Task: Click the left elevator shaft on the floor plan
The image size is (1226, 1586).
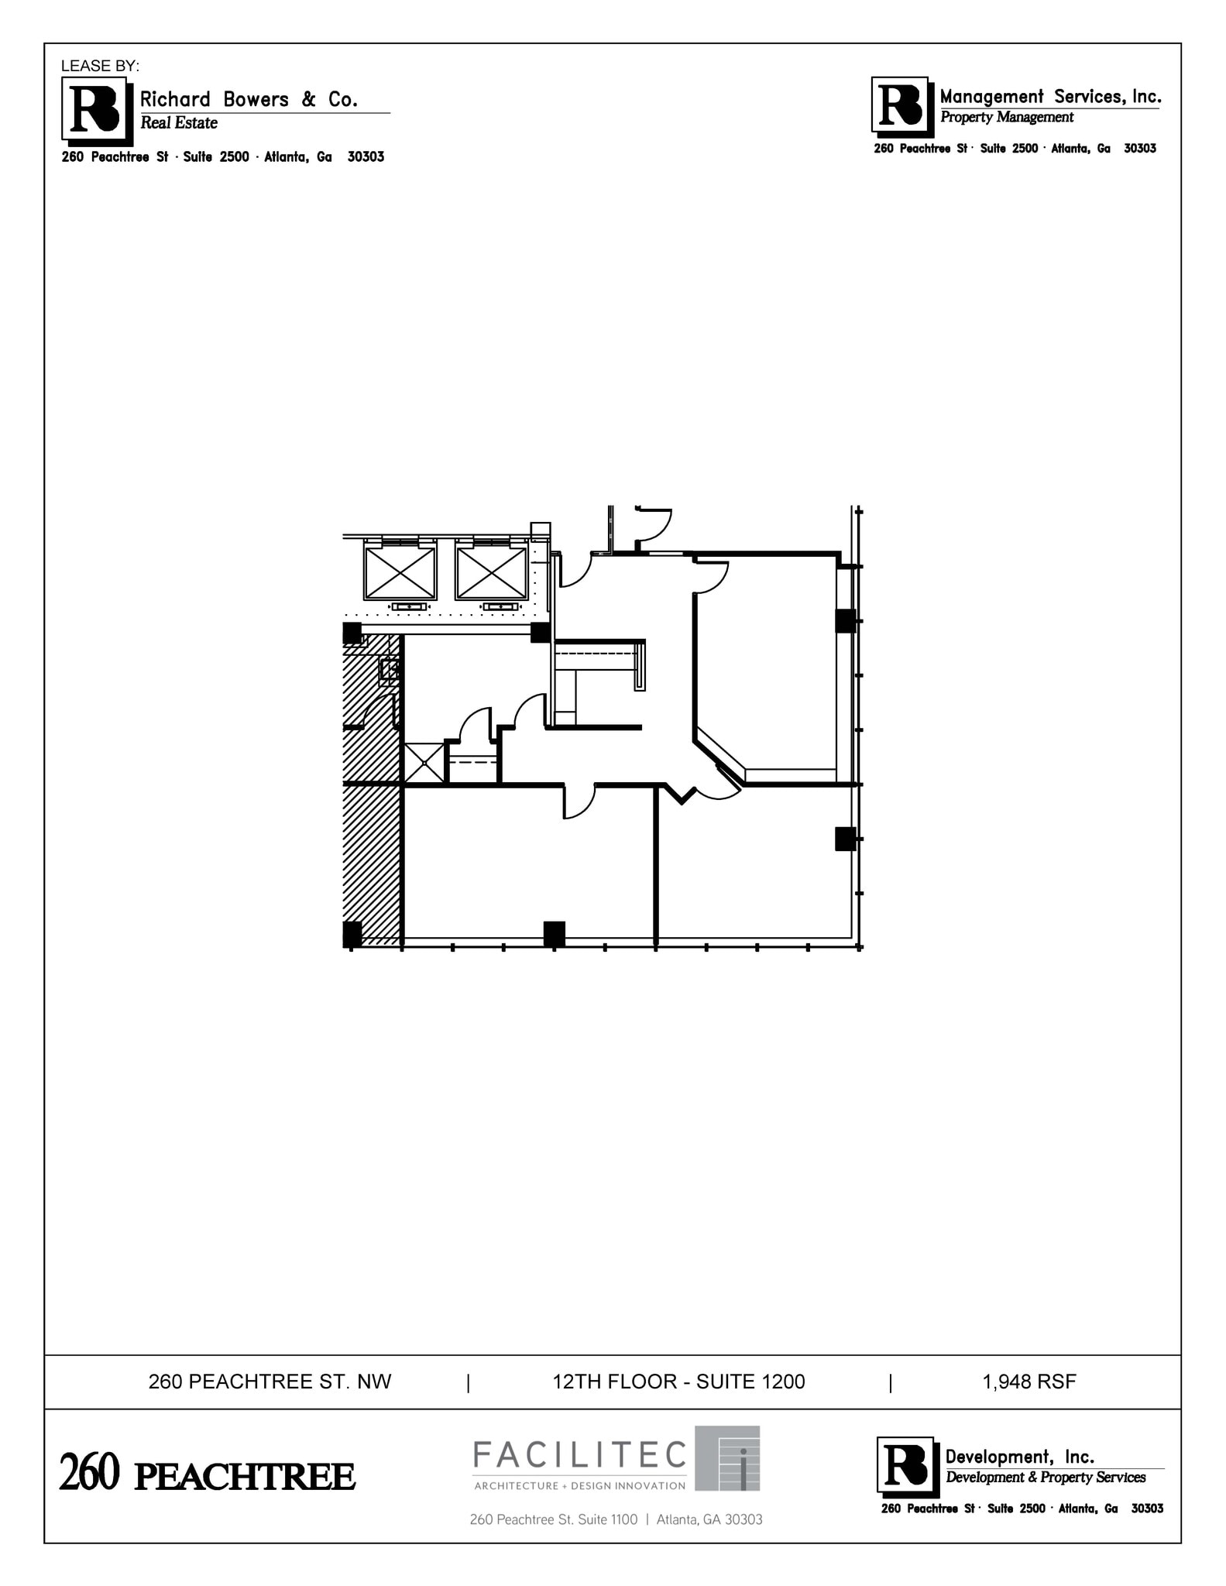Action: (x=400, y=573)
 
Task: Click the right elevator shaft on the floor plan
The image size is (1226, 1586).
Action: (x=491, y=573)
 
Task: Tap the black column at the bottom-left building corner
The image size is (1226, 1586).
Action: (x=352, y=934)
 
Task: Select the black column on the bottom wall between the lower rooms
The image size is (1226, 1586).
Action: (x=554, y=933)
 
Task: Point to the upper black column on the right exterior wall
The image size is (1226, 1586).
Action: (x=845, y=621)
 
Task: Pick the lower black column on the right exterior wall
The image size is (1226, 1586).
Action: (x=845, y=839)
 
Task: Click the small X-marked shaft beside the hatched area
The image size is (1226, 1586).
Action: (x=424, y=763)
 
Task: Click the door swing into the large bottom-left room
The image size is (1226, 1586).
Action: (x=577, y=802)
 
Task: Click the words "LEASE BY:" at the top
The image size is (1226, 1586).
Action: (x=100, y=66)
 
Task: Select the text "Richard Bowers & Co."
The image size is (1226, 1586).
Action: (x=248, y=99)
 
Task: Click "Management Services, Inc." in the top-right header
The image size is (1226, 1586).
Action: (x=1050, y=97)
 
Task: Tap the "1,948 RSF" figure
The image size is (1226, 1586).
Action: (x=1029, y=1382)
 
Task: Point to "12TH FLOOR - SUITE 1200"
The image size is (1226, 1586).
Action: (x=678, y=1382)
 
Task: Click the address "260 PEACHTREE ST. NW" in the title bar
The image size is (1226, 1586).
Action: (x=270, y=1382)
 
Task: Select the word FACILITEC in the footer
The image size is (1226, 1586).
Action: (x=580, y=1455)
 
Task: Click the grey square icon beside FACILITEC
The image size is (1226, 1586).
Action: (x=726, y=1458)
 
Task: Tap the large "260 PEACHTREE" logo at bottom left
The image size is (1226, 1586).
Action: (x=207, y=1475)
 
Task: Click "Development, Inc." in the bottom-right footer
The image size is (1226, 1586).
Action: (x=1019, y=1457)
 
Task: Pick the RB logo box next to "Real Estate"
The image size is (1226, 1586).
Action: (x=94, y=111)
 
